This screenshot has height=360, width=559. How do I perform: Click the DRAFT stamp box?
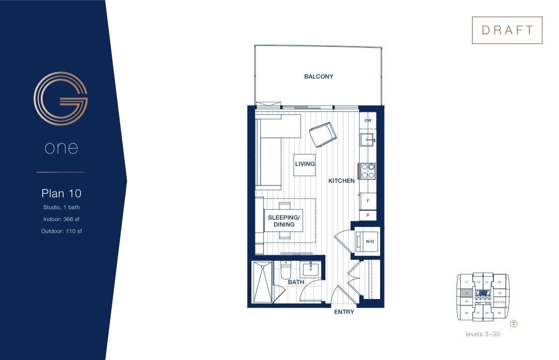click(507, 30)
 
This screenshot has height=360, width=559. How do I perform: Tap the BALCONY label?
click(319, 76)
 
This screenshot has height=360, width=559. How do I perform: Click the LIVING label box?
click(305, 164)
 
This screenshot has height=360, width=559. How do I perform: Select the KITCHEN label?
click(341, 181)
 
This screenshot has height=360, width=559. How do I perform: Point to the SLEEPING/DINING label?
click(284, 221)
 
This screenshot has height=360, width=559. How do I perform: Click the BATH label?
click(296, 282)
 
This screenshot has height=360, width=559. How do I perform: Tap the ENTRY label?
click(344, 312)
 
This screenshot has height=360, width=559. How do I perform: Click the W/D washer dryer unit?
click(369, 241)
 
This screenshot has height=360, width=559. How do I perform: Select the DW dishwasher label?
click(368, 121)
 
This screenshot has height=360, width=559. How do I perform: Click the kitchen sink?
click(368, 140)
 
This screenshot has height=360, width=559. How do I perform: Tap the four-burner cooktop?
click(368, 170)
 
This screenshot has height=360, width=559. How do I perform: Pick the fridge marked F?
click(368, 201)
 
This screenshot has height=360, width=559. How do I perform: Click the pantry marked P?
click(368, 216)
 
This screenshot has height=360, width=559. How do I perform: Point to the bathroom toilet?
click(286, 271)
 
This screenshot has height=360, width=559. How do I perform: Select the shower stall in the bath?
click(262, 282)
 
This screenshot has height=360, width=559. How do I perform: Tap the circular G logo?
click(61, 98)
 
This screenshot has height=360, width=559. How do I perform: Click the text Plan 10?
click(61, 193)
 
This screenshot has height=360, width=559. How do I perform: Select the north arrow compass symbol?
click(514, 324)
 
